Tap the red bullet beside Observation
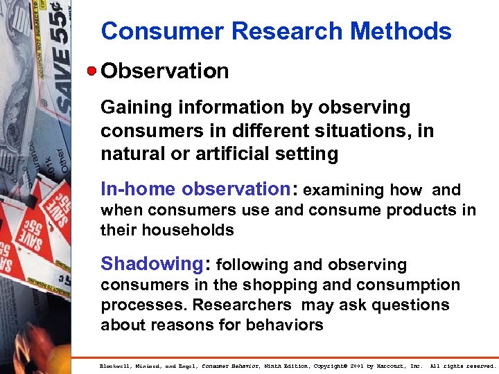pyautogui.click(x=92, y=71)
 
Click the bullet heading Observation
pyautogui.click(x=165, y=71)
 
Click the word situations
pyautogui.click(x=360, y=130)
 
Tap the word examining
pyautogui.click(x=344, y=190)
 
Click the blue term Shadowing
pyautogui.click(x=150, y=264)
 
